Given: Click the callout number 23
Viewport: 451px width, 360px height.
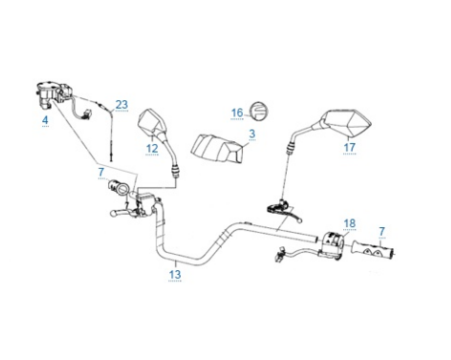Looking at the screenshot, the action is click(121, 104).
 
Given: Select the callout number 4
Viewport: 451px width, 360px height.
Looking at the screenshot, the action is click(45, 120).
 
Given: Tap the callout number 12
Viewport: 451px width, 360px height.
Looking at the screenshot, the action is click(152, 148).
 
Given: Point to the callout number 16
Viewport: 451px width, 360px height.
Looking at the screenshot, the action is click(237, 113).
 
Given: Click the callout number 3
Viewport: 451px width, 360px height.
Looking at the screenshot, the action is click(252, 134).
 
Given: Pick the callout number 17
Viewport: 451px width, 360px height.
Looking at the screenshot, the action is click(350, 147).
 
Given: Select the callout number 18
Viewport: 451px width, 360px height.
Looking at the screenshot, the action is click(350, 223).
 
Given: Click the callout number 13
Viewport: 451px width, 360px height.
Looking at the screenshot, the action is click(175, 274).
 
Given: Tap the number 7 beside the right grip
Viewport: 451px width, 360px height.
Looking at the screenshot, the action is click(382, 231).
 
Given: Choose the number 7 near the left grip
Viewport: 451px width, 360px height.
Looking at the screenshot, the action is click(101, 172).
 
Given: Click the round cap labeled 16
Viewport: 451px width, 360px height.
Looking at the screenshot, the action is click(260, 111).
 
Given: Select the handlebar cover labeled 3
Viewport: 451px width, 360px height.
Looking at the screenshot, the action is click(218, 149).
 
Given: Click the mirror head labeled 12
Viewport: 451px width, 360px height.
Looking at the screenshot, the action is click(152, 123).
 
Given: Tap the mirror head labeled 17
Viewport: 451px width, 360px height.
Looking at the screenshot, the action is click(346, 123).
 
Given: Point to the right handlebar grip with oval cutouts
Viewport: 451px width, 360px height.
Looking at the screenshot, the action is click(373, 249).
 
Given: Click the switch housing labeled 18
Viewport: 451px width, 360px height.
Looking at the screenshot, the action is click(333, 244).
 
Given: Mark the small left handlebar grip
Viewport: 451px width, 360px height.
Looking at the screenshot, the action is click(118, 187).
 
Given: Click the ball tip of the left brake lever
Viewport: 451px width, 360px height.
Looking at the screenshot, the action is click(113, 214).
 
